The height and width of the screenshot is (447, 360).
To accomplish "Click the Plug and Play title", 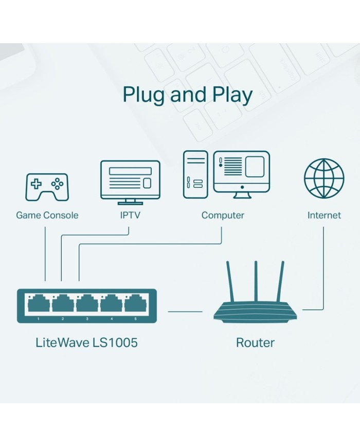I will click(x=188, y=96).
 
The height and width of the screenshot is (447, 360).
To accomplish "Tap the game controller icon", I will click(x=47, y=187).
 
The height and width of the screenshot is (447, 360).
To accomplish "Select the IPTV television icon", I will click(x=130, y=181).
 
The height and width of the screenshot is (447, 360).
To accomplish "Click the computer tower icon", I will click(x=195, y=174).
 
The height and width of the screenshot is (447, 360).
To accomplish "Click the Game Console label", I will click(x=47, y=216).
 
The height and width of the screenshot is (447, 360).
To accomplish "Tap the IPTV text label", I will click(x=130, y=216).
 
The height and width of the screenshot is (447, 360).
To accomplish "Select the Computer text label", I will click(x=223, y=216).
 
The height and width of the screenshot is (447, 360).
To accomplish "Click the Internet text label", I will click(x=324, y=216).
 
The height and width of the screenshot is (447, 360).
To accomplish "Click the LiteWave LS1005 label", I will click(x=86, y=343).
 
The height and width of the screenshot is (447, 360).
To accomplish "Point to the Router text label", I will click(x=255, y=343).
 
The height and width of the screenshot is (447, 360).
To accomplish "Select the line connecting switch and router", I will click(x=185, y=311).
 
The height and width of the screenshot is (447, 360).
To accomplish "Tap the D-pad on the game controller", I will click(x=37, y=183).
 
